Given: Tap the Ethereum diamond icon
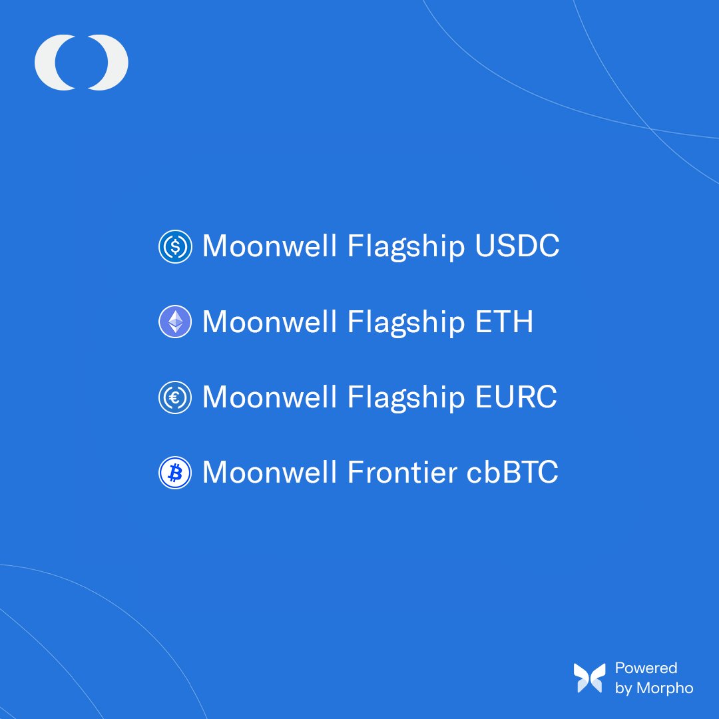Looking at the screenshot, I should pos(175,322).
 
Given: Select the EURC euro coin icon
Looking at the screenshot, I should pos(175,397).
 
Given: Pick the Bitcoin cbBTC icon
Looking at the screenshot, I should pos(175,473).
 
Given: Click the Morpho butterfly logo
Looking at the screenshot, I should pos(590,678).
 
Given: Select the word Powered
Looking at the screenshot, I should pos(646,668).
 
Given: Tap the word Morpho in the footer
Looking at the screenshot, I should pos(664,688).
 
